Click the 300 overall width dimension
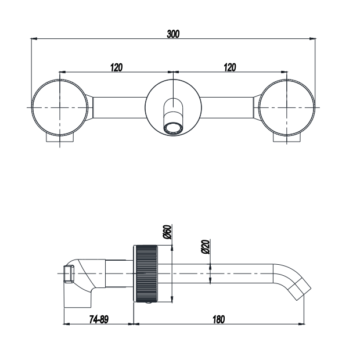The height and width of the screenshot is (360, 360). [173, 34]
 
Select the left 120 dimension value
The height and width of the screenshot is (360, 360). [116, 67]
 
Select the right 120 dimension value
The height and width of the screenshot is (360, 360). [230, 67]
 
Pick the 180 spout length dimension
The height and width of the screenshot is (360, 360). [218, 319]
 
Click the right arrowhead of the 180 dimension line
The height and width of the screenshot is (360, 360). [303, 324]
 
